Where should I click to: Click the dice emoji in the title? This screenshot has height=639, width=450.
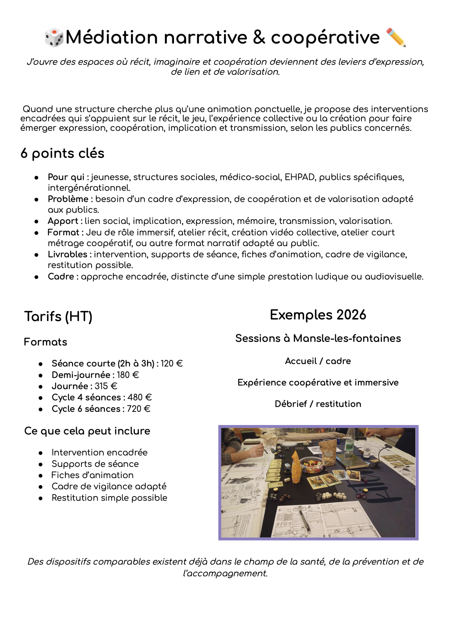click(54, 37)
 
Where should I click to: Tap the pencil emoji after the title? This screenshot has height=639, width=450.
click(396, 37)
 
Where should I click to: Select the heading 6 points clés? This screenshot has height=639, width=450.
click(62, 153)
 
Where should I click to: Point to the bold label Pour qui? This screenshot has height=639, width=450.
click(66, 177)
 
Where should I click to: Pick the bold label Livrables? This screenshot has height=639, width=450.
click(67, 254)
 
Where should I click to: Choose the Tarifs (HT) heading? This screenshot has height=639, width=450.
click(58, 317)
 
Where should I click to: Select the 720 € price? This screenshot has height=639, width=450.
click(138, 409)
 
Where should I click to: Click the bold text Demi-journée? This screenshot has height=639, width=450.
click(81, 375)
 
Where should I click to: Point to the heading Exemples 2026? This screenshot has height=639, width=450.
click(318, 315)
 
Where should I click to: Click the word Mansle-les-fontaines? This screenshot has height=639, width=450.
click(347, 338)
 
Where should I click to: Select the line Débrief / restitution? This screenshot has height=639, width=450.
click(318, 404)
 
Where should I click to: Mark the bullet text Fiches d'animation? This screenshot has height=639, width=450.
click(92, 475)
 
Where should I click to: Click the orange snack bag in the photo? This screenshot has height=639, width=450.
click(296, 462)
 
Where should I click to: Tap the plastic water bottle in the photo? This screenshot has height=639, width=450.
click(350, 441)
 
